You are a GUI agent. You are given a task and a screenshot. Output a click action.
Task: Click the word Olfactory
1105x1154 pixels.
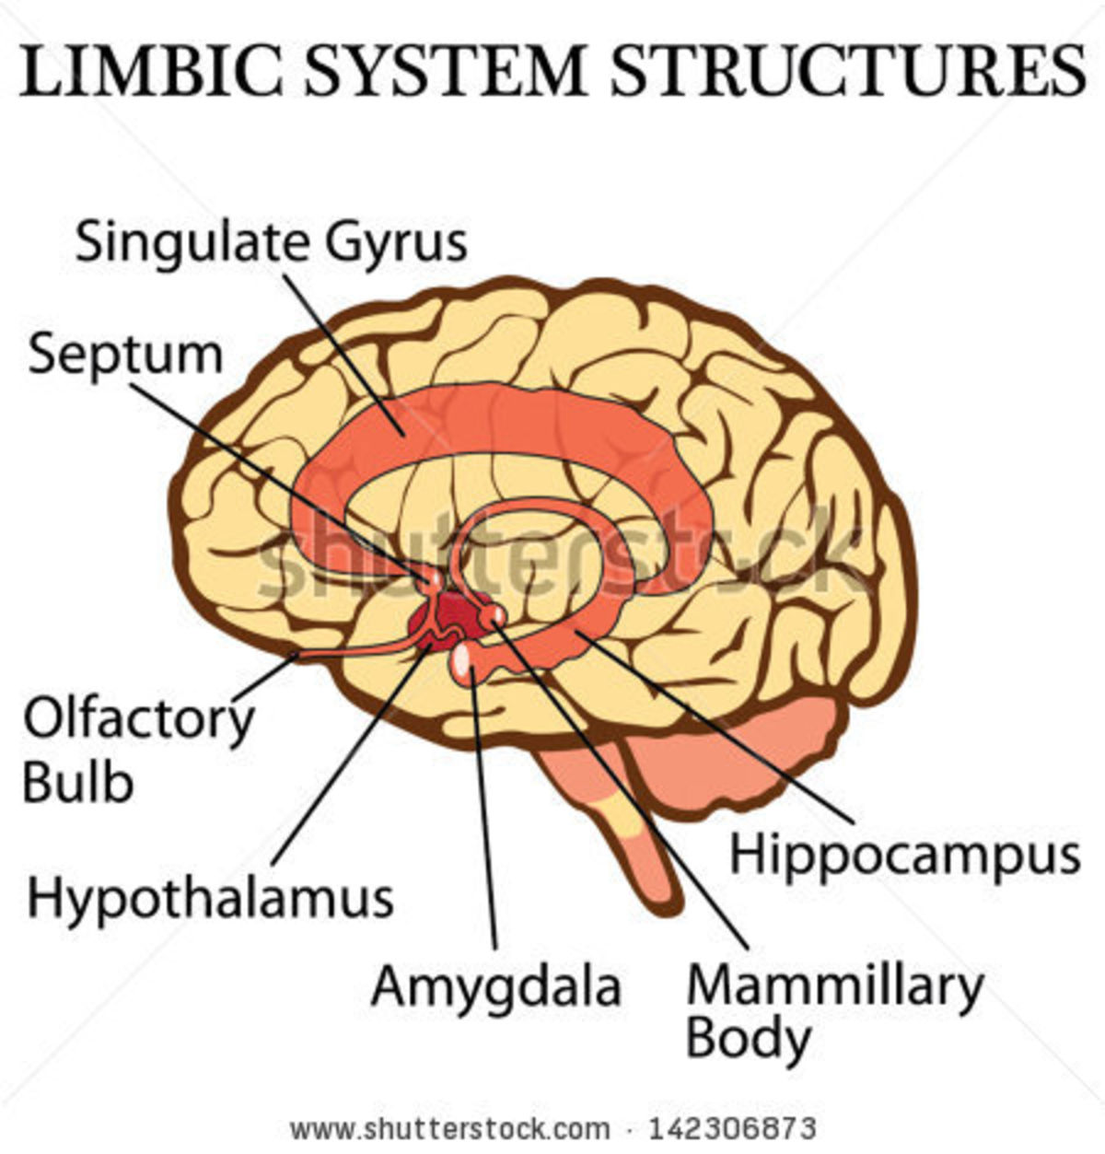[138, 720]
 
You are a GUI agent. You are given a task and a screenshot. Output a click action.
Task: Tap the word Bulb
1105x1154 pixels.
[78, 783]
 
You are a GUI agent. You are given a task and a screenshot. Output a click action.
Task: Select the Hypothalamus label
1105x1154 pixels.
[210, 899]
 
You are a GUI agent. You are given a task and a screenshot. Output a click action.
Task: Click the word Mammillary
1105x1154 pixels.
[834, 985]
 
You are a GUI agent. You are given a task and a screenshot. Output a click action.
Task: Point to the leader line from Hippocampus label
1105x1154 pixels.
[718, 728]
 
